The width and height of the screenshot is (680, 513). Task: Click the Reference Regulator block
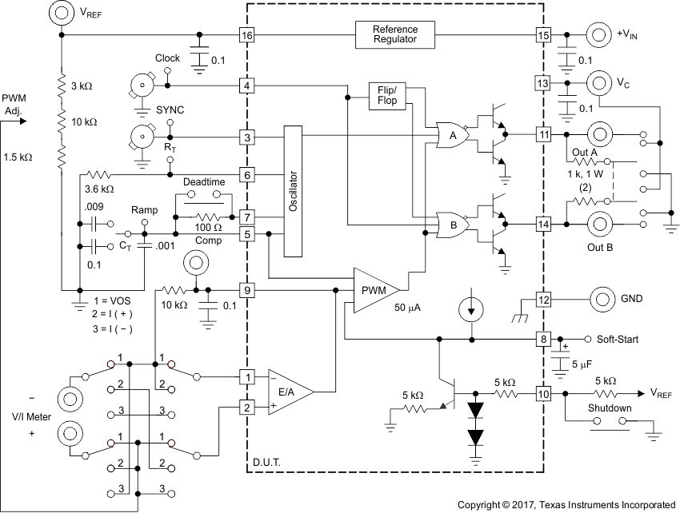click(394, 35)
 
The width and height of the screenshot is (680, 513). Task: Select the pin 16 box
click(247, 35)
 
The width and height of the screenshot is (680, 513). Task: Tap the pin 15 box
click(543, 35)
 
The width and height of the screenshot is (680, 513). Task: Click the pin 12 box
click(543, 300)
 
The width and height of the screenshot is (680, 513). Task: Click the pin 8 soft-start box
click(543, 340)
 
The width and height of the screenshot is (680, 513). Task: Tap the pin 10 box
click(543, 394)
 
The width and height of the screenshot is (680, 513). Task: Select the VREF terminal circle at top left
click(61, 13)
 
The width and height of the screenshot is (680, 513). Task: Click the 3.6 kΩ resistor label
click(100, 189)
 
